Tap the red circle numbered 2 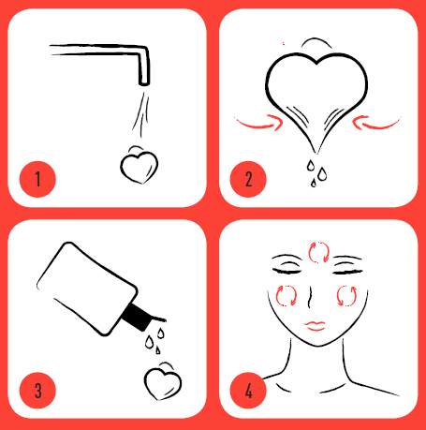click(x=249, y=179)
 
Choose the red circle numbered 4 click(x=249, y=390)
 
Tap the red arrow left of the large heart click(x=257, y=121)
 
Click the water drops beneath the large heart click(x=317, y=169)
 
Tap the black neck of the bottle click(x=136, y=319)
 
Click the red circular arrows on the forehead click(x=318, y=251)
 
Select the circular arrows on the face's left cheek click(x=287, y=294)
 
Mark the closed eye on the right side click(x=345, y=269)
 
